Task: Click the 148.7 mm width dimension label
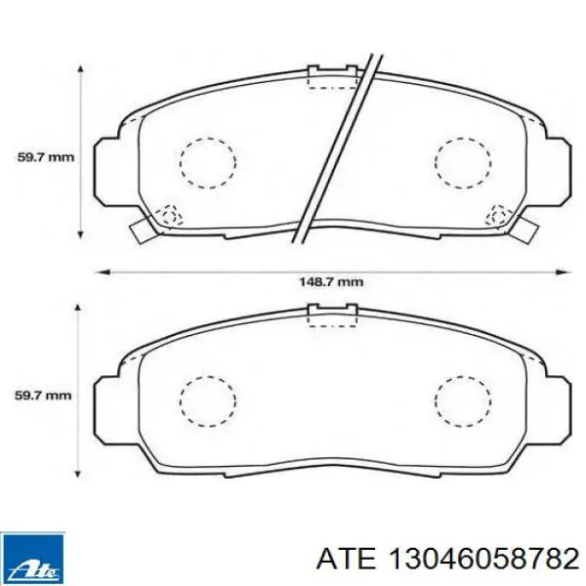point(331,281)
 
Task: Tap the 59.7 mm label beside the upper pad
point(46,157)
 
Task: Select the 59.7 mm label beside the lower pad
point(43,395)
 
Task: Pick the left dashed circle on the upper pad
point(208,163)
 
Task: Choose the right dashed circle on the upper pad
point(463,163)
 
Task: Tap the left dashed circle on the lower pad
point(208,401)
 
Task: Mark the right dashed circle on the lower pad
point(463,401)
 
